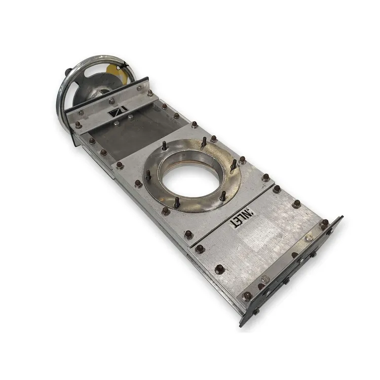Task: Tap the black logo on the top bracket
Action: tap(118, 112)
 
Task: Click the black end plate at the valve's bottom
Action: tap(291, 272)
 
